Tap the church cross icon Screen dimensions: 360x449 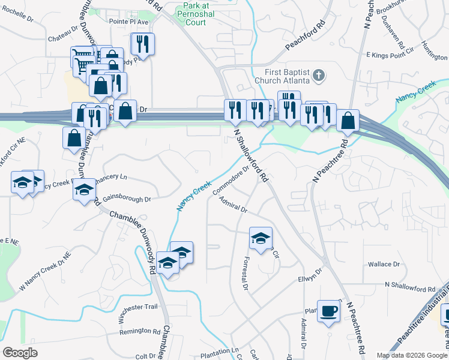click(x=319, y=76)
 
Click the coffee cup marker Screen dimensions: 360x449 click(x=328, y=311)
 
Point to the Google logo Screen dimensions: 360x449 click(x=20, y=352)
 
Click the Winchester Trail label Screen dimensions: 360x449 click(x=138, y=307)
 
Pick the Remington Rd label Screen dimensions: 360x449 click(x=140, y=331)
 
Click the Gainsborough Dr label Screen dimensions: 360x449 click(x=126, y=197)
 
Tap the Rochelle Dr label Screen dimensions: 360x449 click(x=18, y=14)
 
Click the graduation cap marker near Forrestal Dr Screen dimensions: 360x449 click(x=261, y=238)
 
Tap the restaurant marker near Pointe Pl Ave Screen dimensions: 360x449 click(x=143, y=43)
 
